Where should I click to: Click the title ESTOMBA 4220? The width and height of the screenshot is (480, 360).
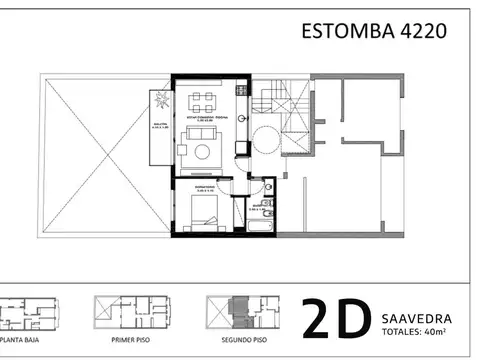pyautogui.click(x=373, y=31)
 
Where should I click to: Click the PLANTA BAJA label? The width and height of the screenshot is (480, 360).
pyautogui.click(x=24, y=340)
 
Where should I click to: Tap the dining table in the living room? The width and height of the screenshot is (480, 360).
pyautogui.click(x=203, y=99)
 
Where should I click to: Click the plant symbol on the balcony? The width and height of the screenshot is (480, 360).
pyautogui.click(x=160, y=99)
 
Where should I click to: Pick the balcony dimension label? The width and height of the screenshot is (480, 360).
pyautogui.click(x=160, y=128)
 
